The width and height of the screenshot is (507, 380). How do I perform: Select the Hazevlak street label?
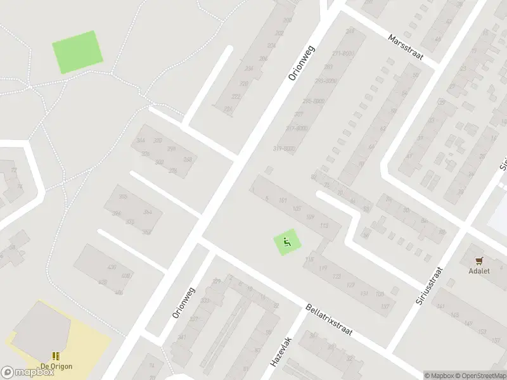[x=279, y=353]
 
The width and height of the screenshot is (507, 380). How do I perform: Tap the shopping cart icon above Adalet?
[x=480, y=260]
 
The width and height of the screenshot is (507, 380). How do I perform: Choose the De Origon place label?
[x=56, y=367]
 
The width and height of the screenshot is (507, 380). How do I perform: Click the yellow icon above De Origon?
[x=56, y=357]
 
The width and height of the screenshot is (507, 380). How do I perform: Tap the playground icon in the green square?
[x=286, y=241]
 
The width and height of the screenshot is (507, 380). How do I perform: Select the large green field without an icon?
[x=77, y=51]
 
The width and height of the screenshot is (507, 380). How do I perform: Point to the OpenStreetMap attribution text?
[x=479, y=376]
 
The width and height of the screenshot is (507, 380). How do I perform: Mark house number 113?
[x=326, y=226]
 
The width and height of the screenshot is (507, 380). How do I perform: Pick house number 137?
[x=385, y=307]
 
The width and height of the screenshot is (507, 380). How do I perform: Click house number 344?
[x=140, y=141]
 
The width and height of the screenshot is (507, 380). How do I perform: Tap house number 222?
[x=236, y=97]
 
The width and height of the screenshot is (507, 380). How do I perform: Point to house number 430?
[x=112, y=268]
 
